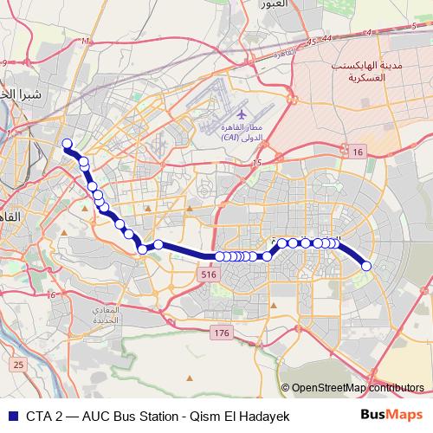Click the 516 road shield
pyautogui.click(x=206, y=274)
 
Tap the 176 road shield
pyautogui.click(x=222, y=333)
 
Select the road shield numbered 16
pyautogui.click(x=358, y=152)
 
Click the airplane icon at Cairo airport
pyautogui.click(x=240, y=113)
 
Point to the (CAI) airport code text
pyautogui.click(x=230, y=137)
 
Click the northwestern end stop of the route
pyautogui.click(x=67, y=144)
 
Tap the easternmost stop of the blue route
pyautogui.click(x=366, y=266)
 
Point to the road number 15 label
pyautogui.click(x=255, y=163)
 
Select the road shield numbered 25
pyautogui.click(x=19, y=364)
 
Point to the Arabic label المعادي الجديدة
pyautogui.click(x=132, y=316)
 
